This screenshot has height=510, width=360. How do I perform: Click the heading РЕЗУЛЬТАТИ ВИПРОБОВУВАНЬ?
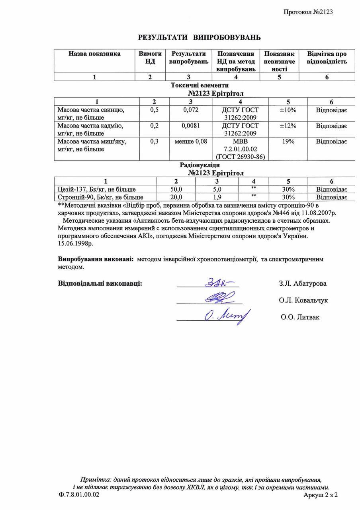(199, 37)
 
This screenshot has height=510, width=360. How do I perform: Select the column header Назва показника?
(94, 54)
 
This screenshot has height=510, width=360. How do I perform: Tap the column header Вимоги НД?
(150, 57)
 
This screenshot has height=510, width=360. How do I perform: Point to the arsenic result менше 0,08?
(191, 141)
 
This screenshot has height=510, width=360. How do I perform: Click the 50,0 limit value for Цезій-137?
(176, 189)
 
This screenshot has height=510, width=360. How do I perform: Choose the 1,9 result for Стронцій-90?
(217, 197)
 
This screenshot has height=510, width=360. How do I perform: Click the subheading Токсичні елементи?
(200, 85)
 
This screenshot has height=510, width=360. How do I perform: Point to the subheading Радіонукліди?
(200, 165)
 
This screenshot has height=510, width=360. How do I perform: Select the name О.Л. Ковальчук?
(303, 300)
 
